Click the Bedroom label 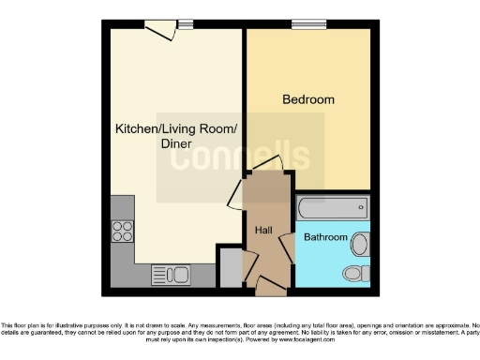click(308, 99)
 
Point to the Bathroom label click(325, 238)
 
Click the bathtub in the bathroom click(332, 208)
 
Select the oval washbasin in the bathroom click(361, 244)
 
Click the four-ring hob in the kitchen click(122, 232)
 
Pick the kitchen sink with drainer click(171, 275)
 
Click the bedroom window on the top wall click(303, 24)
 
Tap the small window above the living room click(186, 24)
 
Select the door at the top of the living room click(161, 30)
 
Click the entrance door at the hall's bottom click(271, 282)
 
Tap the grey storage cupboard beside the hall click(230, 267)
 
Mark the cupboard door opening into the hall click(248, 265)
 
